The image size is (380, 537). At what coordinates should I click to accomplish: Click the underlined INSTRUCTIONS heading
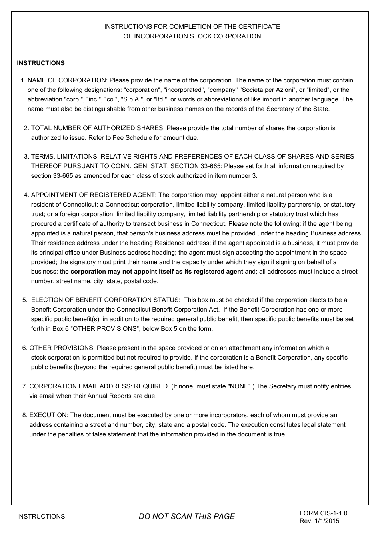pos(40,63)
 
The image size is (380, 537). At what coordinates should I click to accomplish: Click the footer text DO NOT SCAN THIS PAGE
pos(187,517)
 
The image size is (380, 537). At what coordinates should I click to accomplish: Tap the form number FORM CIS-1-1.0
pos(323,513)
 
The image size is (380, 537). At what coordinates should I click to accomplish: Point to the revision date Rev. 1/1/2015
pos(319,521)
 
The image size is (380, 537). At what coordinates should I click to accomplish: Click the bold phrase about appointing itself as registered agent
pos(156,272)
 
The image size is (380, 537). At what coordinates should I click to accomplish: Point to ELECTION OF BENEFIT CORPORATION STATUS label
pos(105,300)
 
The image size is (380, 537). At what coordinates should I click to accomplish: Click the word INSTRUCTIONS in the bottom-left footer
pos(41,517)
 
